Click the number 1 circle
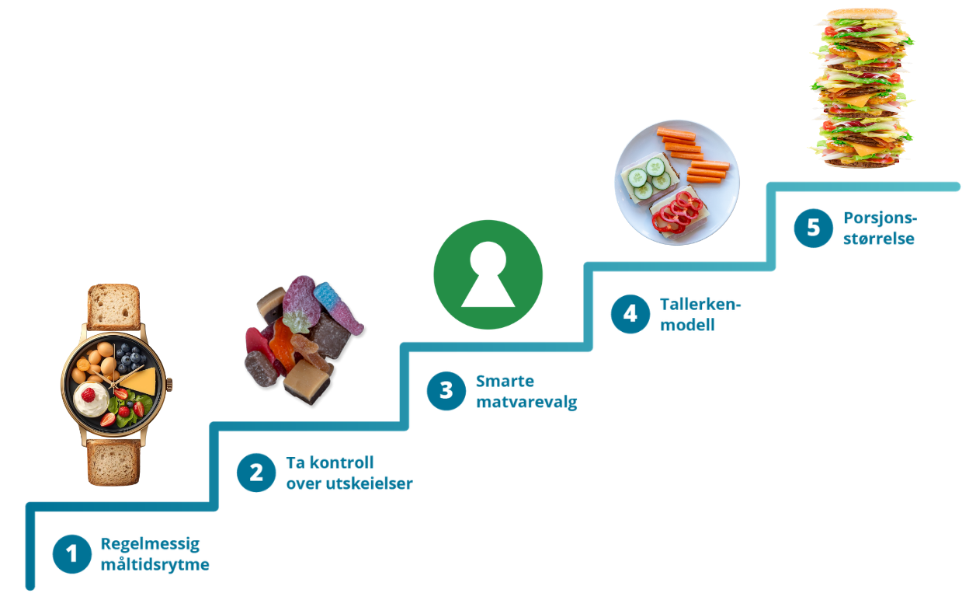(x=72, y=554)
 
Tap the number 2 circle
(x=256, y=473)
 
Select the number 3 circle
(x=446, y=391)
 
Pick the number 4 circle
(x=630, y=314)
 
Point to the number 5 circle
(x=813, y=228)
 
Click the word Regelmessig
(x=150, y=545)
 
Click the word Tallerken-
(x=700, y=305)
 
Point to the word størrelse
(x=878, y=239)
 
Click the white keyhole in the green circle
(x=488, y=274)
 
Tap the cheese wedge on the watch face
(x=141, y=381)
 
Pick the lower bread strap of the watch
(x=113, y=462)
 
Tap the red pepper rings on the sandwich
(x=677, y=212)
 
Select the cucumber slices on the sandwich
(x=649, y=179)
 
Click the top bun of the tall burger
(x=861, y=14)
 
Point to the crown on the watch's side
(x=169, y=384)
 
